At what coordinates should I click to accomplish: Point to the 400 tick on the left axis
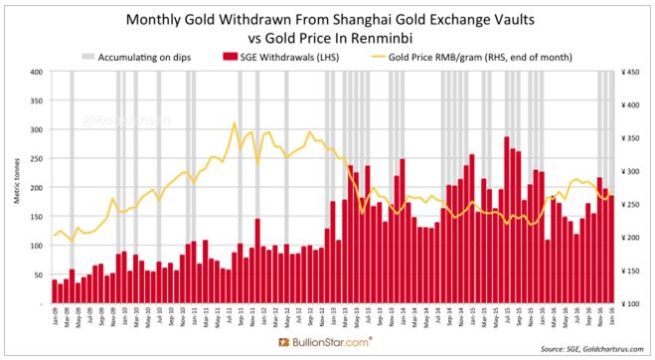pyautogui.click(x=36, y=72)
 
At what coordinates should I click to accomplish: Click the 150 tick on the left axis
pyautogui.click(x=36, y=216)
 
